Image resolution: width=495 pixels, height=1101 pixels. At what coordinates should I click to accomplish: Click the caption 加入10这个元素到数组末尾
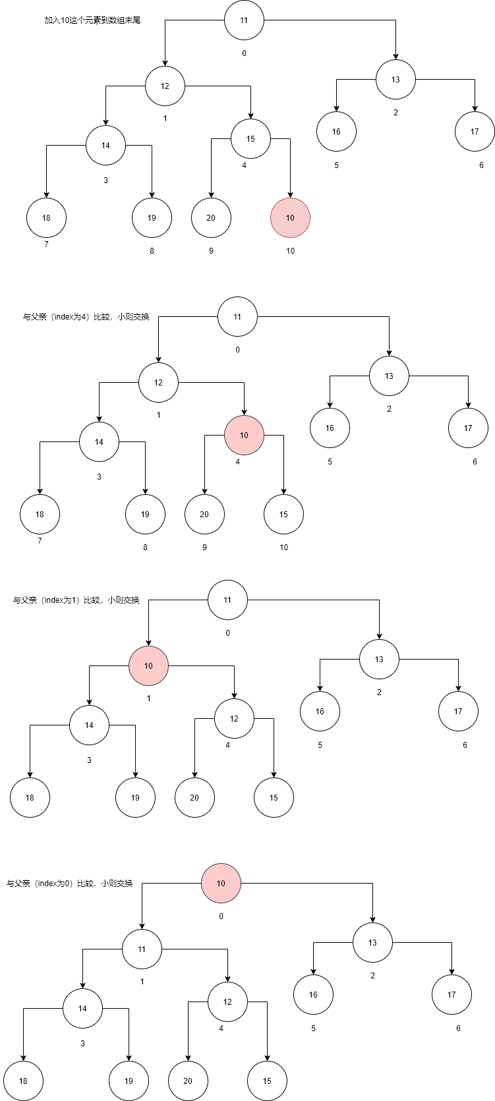click(x=92, y=20)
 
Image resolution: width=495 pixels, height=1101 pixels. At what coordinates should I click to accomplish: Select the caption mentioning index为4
click(x=86, y=317)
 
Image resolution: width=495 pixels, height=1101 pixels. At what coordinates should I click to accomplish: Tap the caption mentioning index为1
click(x=76, y=600)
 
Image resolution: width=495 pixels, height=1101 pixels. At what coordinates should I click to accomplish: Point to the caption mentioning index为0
click(x=70, y=884)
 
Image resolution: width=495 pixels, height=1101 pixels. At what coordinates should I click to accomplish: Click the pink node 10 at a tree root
click(x=221, y=884)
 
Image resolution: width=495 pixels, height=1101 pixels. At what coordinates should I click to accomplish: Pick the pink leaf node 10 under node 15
click(x=290, y=218)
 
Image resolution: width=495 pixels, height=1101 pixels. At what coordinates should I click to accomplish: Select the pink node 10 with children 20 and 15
click(x=244, y=436)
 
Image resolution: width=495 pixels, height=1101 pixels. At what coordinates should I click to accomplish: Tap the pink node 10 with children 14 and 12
click(x=148, y=666)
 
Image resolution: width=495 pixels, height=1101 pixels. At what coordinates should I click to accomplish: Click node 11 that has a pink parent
click(x=142, y=949)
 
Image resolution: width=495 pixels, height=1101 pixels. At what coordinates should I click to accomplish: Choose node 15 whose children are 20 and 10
click(x=250, y=139)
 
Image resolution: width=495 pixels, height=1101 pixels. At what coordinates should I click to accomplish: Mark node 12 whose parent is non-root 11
click(x=227, y=1002)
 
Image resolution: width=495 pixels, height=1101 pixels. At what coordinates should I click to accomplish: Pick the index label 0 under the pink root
click(x=221, y=917)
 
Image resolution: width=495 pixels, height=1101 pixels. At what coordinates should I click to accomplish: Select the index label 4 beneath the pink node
click(x=238, y=462)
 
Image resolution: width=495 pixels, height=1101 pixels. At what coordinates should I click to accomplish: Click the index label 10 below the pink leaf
click(x=290, y=251)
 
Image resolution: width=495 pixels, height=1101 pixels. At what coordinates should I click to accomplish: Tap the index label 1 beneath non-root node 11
click(x=142, y=982)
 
